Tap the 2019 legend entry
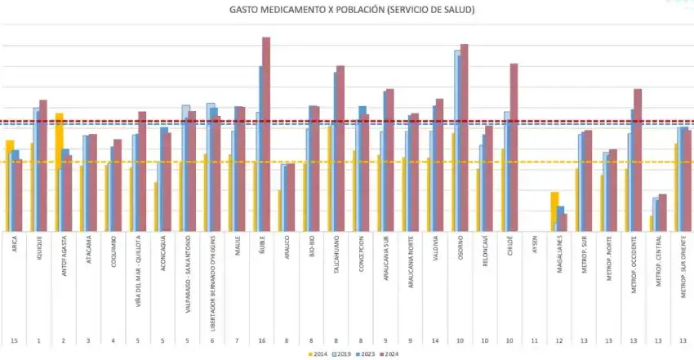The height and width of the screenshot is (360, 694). point(343,353)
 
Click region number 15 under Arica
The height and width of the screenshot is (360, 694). point(16,339)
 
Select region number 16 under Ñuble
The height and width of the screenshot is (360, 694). point(261,339)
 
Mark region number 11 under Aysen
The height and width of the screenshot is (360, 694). point(535,339)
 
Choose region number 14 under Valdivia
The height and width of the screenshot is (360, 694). point(436,339)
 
